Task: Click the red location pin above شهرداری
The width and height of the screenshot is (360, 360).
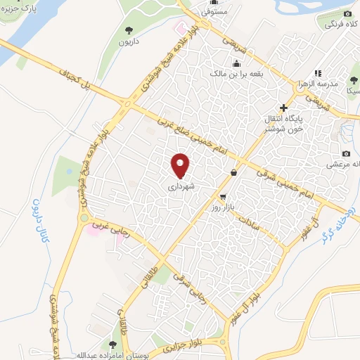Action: pos(181,165)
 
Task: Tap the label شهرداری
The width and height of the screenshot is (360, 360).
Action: pos(181,187)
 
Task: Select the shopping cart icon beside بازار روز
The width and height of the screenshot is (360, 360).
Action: pos(223,197)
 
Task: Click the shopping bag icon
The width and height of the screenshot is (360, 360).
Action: pos(233,172)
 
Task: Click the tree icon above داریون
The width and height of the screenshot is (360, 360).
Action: pos(129,30)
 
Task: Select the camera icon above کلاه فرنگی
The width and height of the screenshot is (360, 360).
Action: pos(347,14)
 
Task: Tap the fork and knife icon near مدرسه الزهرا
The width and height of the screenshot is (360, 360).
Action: pos(317,72)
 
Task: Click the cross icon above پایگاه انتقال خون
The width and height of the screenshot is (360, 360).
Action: pos(283,108)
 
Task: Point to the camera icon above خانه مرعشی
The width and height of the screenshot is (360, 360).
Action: pos(346,153)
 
